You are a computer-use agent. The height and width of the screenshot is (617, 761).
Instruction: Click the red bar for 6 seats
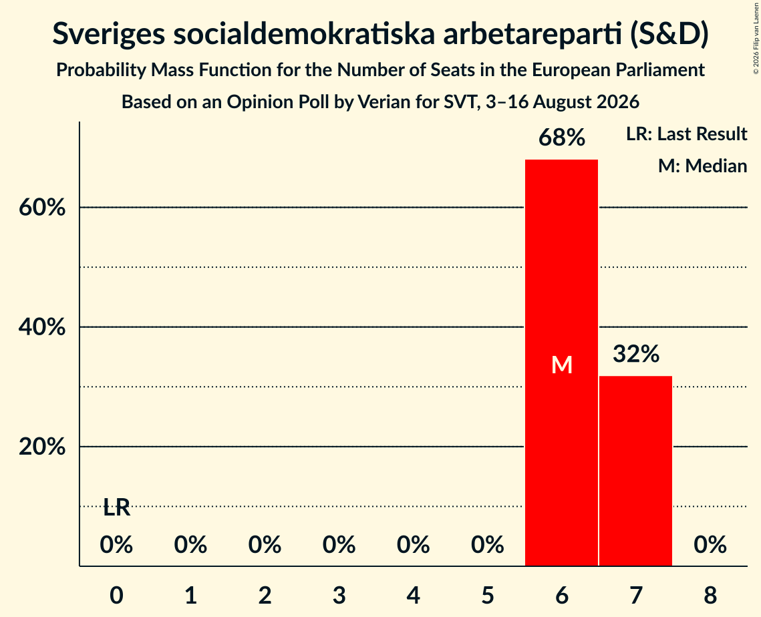[x=561, y=363]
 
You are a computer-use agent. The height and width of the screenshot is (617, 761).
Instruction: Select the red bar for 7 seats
[x=636, y=471]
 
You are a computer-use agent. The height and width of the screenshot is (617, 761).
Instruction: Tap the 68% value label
[x=562, y=138]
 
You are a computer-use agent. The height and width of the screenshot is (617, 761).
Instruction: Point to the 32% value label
[x=636, y=354]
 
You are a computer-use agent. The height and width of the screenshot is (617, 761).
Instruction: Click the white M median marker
[x=562, y=365]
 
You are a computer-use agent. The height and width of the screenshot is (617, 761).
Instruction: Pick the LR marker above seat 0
[x=117, y=508]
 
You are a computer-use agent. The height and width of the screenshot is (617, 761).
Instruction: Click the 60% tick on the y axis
[x=42, y=208]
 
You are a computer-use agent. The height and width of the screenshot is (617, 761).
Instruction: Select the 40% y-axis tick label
[x=42, y=327]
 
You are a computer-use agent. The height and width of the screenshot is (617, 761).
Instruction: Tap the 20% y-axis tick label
[x=42, y=447]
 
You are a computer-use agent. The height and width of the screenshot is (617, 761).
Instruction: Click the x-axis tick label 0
[x=116, y=596]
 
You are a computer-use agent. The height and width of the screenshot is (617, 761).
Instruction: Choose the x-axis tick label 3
[x=339, y=596]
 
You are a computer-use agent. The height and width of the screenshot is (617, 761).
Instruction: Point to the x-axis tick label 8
[x=710, y=596]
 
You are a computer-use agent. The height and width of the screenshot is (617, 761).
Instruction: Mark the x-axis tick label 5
[x=488, y=596]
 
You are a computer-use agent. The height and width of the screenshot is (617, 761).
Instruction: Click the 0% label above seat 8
[x=710, y=545]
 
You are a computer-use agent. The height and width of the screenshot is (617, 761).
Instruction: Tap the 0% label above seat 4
[x=414, y=545]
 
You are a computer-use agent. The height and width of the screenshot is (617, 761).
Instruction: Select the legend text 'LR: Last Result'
[x=687, y=134]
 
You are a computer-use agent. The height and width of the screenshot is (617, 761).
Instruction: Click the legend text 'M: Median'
[x=703, y=166]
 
